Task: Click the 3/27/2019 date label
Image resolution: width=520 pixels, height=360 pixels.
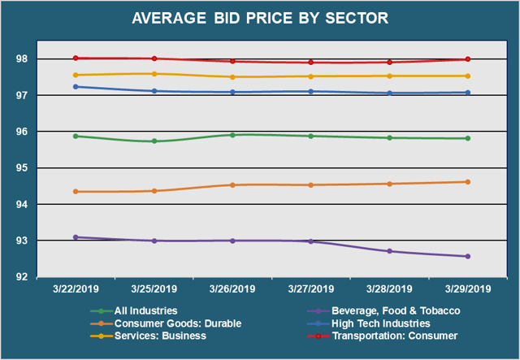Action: pos(310,288)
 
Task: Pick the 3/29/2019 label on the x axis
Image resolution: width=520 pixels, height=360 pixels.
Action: pos(467,288)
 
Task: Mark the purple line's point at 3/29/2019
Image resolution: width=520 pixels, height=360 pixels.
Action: pos(467,257)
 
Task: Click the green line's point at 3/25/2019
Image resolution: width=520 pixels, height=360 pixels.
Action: pos(154,141)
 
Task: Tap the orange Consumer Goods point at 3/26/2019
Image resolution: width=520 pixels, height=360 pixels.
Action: pos(232,185)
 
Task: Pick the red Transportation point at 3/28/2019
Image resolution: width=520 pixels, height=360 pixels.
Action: pos(389,62)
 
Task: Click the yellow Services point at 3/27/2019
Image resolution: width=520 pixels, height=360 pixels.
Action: pos(310,76)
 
